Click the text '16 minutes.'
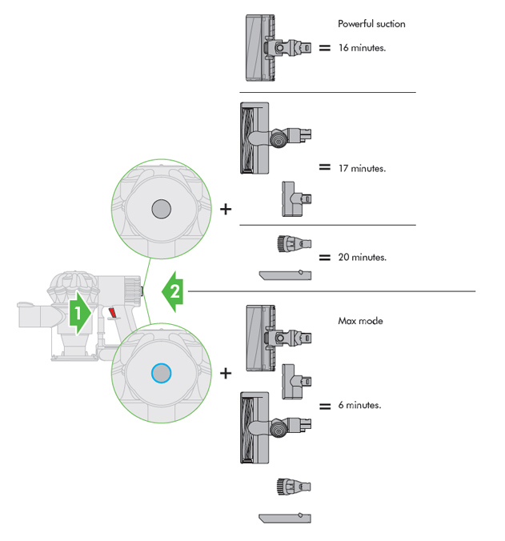pyautogui.click(x=362, y=48)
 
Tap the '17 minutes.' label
pyautogui.click(x=362, y=169)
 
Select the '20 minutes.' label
pyautogui.click(x=362, y=258)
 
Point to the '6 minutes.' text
pyautogui.click(x=359, y=406)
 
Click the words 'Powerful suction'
pyautogui.click(x=371, y=24)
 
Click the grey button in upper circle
pyautogui.click(x=160, y=210)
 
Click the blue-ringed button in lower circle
pyautogui.click(x=160, y=372)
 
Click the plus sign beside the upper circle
pyautogui.click(x=226, y=210)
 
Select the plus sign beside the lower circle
pyautogui.click(x=226, y=373)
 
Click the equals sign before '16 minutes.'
pyautogui.click(x=325, y=48)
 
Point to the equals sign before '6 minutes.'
pyautogui.click(x=325, y=406)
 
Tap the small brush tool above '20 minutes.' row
pyautogui.click(x=293, y=242)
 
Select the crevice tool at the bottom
pyautogui.click(x=285, y=519)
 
